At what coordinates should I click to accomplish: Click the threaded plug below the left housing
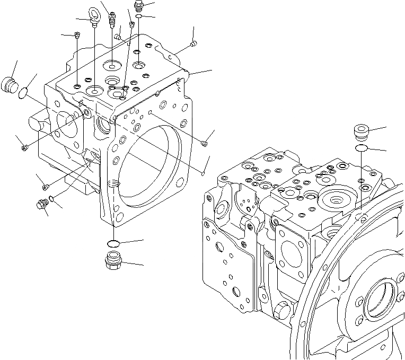[x=112, y=261]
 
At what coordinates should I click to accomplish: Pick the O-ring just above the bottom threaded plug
[x=113, y=243]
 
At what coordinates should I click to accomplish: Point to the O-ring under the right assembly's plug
[x=360, y=147]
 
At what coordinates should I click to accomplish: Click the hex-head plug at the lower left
[x=40, y=203]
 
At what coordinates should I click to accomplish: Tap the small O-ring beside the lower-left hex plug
[x=50, y=199]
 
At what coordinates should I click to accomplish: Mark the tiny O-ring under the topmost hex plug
[x=138, y=17]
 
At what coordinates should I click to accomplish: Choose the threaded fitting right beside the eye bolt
[x=111, y=20]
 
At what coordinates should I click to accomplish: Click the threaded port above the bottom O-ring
[x=112, y=185]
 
